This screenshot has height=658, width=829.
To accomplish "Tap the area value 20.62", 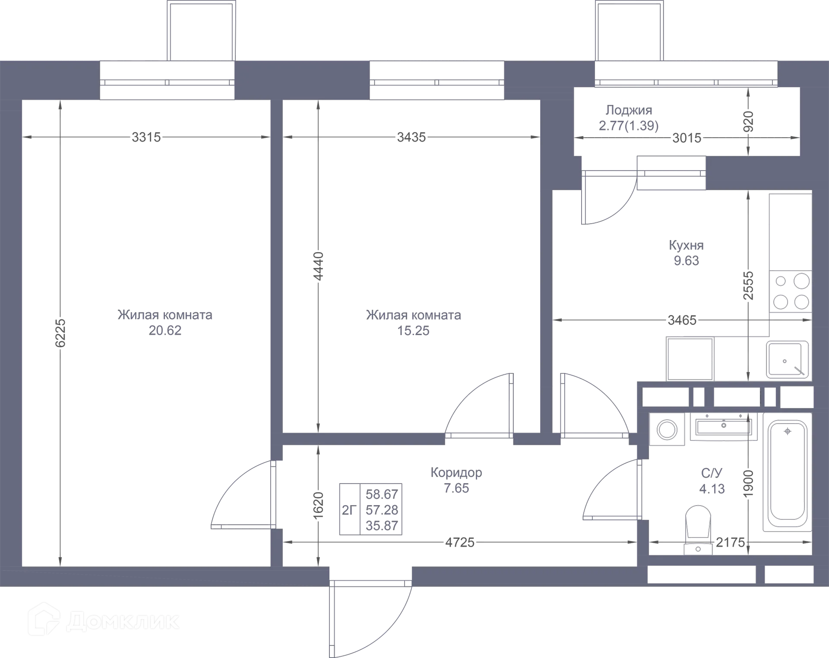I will pos(165,331).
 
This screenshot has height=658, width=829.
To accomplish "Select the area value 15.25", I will pos(414,331).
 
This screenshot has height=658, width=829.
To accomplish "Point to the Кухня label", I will pos(686,245).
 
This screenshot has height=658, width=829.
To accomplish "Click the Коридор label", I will pos(456,473).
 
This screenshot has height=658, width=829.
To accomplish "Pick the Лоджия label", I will pos(628,111).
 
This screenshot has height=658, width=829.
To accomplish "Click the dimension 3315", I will pos(147,137).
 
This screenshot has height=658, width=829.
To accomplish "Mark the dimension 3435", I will pos(411,137).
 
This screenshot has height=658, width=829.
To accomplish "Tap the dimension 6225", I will pos(60,333).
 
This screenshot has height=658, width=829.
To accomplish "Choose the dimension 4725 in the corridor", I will pos(460,542).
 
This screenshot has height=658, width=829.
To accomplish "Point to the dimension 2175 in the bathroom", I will pos(731,542).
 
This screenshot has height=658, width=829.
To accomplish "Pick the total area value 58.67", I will pos(382,494).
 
